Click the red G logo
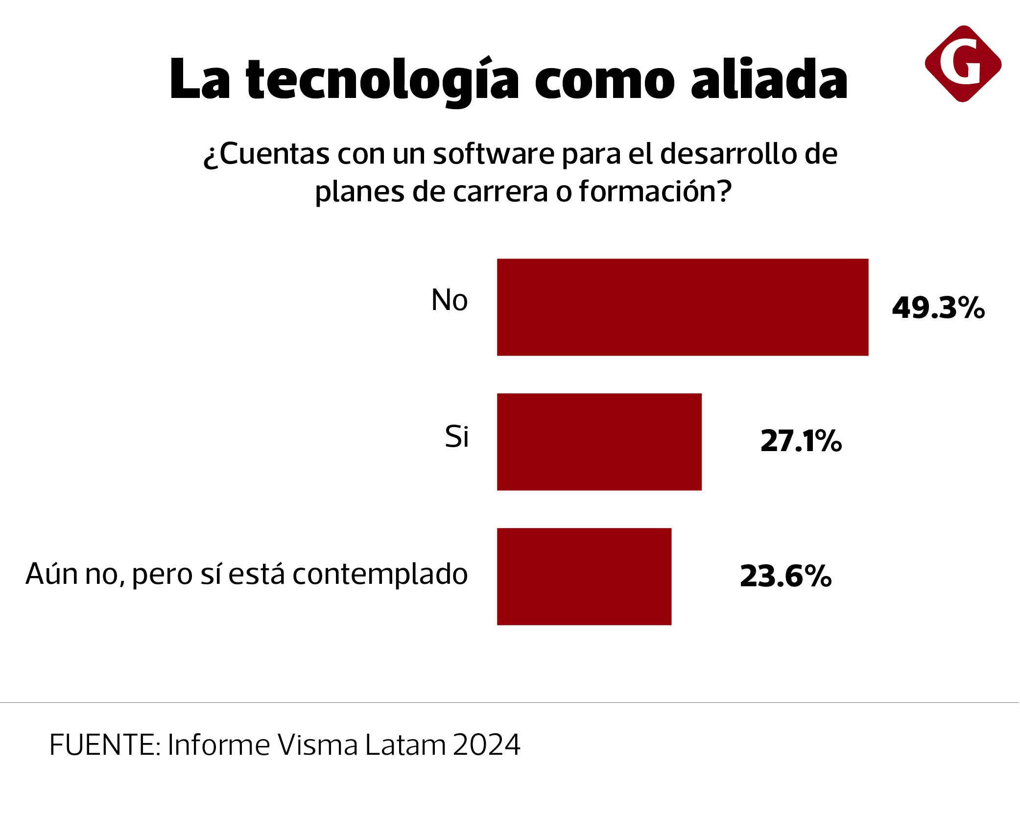[x=962, y=64]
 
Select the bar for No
[x=682, y=307]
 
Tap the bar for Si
[x=599, y=441]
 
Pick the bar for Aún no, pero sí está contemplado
[x=584, y=576]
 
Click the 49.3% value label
[x=938, y=309]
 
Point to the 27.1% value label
[x=801, y=441]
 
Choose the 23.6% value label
[x=785, y=576]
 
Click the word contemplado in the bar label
[x=380, y=574]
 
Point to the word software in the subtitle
[x=493, y=154]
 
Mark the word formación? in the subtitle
[x=655, y=192]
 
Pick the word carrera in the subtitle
[x=500, y=192]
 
